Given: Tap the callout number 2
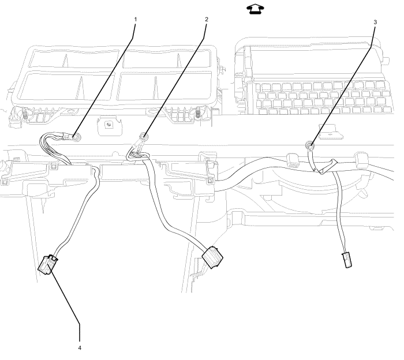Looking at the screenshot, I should click(205, 19).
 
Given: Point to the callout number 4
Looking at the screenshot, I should click(80, 348).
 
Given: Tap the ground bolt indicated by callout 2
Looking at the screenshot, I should click(143, 137).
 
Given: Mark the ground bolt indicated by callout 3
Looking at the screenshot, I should click(309, 146).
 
